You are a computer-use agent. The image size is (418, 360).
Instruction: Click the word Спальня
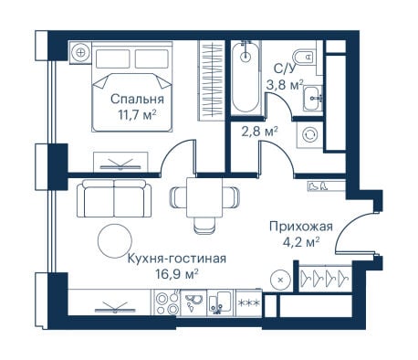pyautogui.click(x=137, y=100)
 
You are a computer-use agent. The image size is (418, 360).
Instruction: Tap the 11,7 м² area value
pyautogui.click(x=138, y=115)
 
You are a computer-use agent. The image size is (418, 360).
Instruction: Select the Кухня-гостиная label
pyautogui.click(x=177, y=259)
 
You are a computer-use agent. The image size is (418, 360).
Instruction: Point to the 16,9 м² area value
pyautogui.click(x=177, y=274)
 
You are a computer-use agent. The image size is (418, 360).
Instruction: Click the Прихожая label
pyautogui.click(x=301, y=227)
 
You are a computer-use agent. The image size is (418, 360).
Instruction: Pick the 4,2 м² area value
pyautogui.click(x=299, y=243)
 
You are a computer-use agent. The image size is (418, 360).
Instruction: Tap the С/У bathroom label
pyautogui.click(x=285, y=69)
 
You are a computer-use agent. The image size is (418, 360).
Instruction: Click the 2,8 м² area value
pyautogui.click(x=259, y=132)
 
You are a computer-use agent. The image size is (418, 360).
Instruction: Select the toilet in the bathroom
pyautogui.click(x=303, y=57)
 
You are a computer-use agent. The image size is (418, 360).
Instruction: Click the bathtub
pyautogui.click(x=246, y=78)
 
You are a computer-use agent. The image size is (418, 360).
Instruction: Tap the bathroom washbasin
pyautogui.click(x=312, y=98)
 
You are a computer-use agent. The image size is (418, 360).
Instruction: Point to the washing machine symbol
pyautogui.click(x=309, y=134)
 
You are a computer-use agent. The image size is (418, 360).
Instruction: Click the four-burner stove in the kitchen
pyautogui.click(x=167, y=303)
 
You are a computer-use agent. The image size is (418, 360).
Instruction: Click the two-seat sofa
pyautogui.click(x=114, y=198)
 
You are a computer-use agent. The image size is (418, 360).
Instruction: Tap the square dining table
pyautogui.click(x=204, y=197)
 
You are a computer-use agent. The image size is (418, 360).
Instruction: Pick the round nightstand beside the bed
pyautogui.click(x=80, y=52)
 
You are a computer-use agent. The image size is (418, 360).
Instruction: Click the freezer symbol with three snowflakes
pyautogui.click(x=249, y=303)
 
